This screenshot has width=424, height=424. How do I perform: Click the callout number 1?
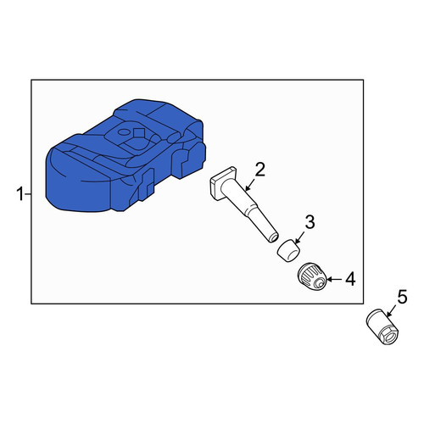point(20,195)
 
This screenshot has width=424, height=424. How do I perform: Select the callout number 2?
point(260,170)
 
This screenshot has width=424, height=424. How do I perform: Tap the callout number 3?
point(310,221)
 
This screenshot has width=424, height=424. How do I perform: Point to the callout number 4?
point(350,279)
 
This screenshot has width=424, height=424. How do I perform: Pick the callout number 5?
point(402,297)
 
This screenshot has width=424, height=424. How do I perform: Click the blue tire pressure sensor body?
point(125,155)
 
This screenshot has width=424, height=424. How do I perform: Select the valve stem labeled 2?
point(244,204)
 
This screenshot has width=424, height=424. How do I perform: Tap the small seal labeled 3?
point(289,250)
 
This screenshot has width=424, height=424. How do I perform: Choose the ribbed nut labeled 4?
point(313,276)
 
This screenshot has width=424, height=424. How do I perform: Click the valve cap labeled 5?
point(382,327)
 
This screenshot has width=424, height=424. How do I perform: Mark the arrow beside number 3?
point(299,237)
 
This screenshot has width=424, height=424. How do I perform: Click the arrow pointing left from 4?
point(334,279)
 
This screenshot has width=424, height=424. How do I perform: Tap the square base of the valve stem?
point(222,184)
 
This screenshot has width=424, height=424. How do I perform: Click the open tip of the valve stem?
point(273,237)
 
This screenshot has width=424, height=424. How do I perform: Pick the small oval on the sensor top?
point(124,131)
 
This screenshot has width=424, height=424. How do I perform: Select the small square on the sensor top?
point(139,132)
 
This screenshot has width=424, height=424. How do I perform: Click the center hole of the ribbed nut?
point(321,282)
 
